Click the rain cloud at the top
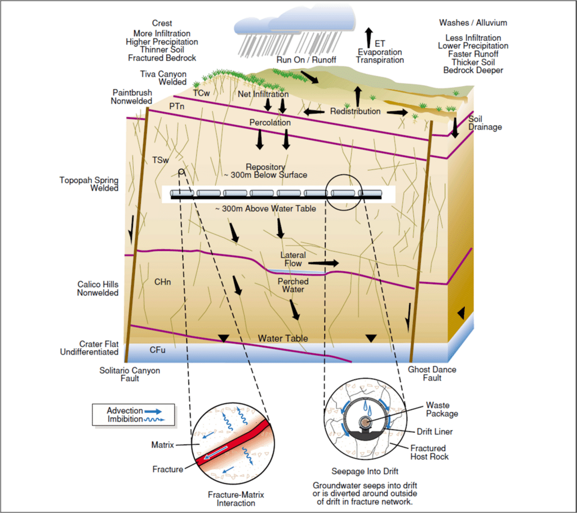click(294, 21)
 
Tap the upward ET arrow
click(369, 37)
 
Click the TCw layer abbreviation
click(201, 93)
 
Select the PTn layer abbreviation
click(176, 106)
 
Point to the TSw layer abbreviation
click(161, 160)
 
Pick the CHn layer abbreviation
click(163, 282)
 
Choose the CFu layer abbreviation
click(158, 350)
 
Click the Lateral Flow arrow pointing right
click(323, 263)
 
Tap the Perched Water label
click(293, 285)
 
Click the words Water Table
click(283, 338)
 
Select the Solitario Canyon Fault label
click(130, 374)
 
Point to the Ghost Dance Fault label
click(432, 373)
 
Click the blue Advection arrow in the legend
click(153, 411)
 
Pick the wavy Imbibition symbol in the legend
click(154, 419)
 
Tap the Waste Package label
click(442, 409)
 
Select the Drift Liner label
click(434, 431)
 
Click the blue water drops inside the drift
click(367, 406)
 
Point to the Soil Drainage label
click(485, 123)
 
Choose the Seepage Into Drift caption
click(365, 471)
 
